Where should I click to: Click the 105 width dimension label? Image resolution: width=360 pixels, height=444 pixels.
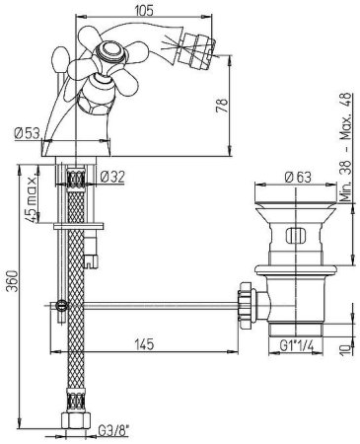[144, 11]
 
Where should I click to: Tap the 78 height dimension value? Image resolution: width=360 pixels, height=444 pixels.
[223, 106]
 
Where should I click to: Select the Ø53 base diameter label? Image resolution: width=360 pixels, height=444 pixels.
[27, 133]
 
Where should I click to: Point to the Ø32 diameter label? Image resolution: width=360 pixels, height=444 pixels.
[112, 178]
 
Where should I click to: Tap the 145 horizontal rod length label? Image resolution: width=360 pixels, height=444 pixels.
[144, 344]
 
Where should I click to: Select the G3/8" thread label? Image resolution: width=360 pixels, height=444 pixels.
[112, 430]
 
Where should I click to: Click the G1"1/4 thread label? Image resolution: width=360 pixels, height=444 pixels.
[297, 345]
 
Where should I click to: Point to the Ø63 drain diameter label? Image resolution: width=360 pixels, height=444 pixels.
[298, 178]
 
